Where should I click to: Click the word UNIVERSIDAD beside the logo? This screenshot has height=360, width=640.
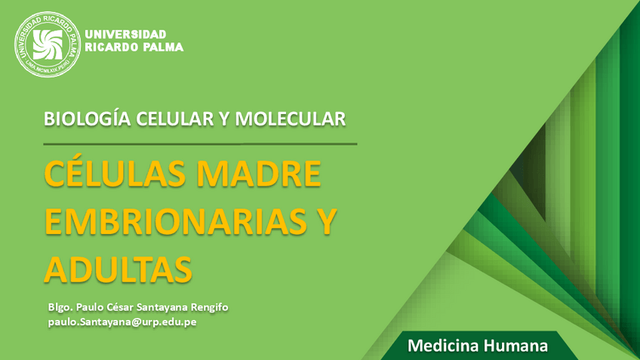pyautogui.click(x=126, y=34)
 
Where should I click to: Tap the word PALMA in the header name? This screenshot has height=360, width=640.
pyautogui.click(x=162, y=48)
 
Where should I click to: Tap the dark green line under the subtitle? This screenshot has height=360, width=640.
pyautogui.click(x=200, y=143)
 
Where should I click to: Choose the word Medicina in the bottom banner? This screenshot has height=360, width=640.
pyautogui.click(x=440, y=346)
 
